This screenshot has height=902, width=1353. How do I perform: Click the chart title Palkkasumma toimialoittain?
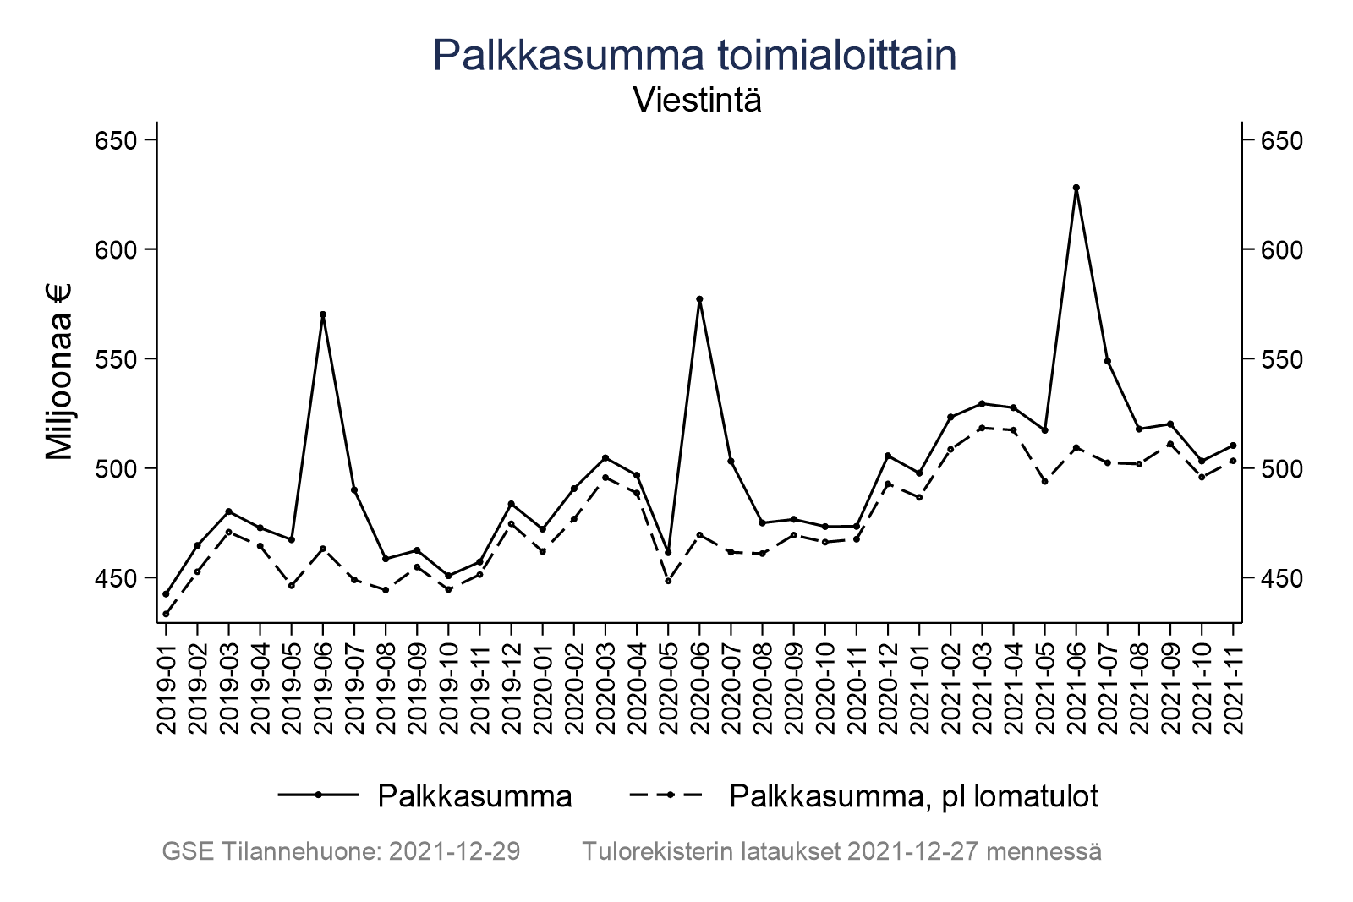[x=694, y=56]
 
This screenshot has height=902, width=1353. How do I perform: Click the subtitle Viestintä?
[x=697, y=101]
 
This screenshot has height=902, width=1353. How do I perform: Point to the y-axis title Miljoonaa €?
[x=59, y=372]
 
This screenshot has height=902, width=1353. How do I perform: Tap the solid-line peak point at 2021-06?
[x=1076, y=188]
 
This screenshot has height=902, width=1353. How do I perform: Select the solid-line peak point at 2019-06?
[x=323, y=314]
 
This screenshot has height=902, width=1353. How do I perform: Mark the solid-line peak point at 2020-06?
[x=699, y=299]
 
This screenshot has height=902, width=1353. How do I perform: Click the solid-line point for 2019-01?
[x=166, y=594]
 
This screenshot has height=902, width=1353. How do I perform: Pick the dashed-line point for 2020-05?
[x=668, y=581]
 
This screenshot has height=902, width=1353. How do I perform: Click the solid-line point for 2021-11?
[x=1233, y=446]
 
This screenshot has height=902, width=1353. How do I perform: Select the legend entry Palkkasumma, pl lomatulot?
[x=913, y=796]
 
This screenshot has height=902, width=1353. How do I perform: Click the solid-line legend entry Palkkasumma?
[x=474, y=796]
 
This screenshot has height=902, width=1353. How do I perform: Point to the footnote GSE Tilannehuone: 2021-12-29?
[x=341, y=851]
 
